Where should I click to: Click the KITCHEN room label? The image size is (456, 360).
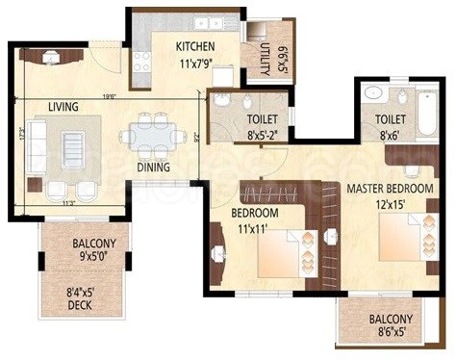194,46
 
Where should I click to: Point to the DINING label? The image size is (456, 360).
153,167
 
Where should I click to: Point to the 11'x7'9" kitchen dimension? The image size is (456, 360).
194,64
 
